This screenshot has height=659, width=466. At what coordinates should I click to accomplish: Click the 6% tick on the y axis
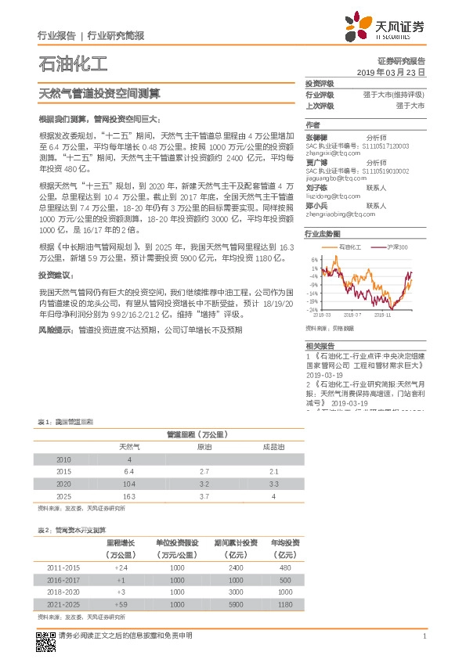click(x=313, y=259)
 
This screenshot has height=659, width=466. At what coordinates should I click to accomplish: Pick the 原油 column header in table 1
click(x=204, y=447)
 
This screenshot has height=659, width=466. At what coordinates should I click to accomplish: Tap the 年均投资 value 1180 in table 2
click(x=286, y=604)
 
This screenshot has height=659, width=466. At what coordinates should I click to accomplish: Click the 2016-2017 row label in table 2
click(x=63, y=580)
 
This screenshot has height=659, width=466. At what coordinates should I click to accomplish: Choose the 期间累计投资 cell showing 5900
click(x=239, y=604)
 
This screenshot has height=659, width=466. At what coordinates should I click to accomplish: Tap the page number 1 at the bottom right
click(x=424, y=636)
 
